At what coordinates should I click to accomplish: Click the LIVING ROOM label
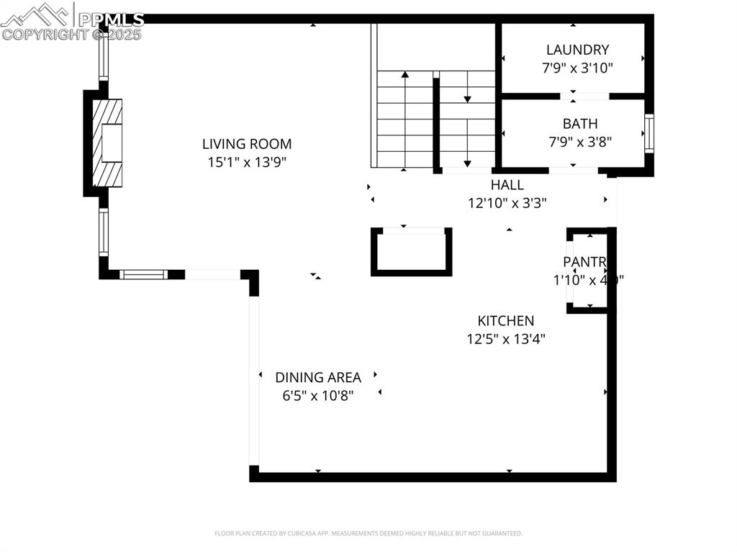pyautogui.click(x=247, y=144)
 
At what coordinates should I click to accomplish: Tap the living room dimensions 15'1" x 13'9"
pyautogui.click(x=247, y=163)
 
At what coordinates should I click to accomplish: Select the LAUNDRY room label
pyautogui.click(x=577, y=50)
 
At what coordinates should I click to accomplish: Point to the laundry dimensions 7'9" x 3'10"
pyautogui.click(x=577, y=68)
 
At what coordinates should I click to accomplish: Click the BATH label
pyautogui.click(x=580, y=124)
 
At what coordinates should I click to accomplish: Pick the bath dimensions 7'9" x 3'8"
pyautogui.click(x=580, y=142)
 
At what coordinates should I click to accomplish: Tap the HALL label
pyautogui.click(x=507, y=185)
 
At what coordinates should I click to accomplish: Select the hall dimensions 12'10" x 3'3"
pyautogui.click(x=507, y=203)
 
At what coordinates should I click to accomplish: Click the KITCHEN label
pyautogui.click(x=506, y=321)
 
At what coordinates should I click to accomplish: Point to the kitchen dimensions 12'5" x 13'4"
pyautogui.click(x=506, y=339)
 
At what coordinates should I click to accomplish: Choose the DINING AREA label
pyautogui.click(x=317, y=377)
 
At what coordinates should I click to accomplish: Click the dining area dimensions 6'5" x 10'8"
pyautogui.click(x=317, y=395)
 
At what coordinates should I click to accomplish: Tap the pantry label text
pyautogui.click(x=584, y=262)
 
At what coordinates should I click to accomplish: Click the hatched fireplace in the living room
pyautogui.click(x=107, y=143)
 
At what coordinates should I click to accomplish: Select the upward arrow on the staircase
pyautogui.click(x=405, y=76)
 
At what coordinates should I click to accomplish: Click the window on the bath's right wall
pyautogui.click(x=648, y=133)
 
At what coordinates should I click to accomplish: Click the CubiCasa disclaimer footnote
pyautogui.click(x=368, y=533)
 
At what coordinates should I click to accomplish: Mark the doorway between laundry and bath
pyautogui.click(x=584, y=96)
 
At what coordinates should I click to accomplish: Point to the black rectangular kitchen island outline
pyautogui.click(x=411, y=252)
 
